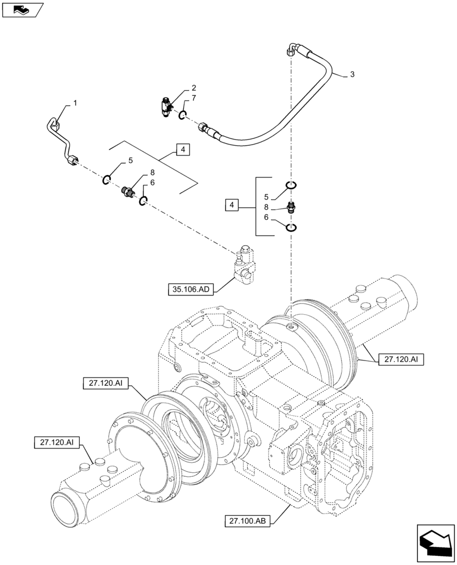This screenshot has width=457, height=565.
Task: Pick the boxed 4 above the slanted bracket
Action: pos(182,150)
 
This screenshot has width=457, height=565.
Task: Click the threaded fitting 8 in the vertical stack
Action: pos(291,207)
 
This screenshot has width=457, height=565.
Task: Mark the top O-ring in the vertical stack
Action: pos(291,185)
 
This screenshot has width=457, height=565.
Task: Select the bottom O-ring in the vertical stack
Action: pos(291,227)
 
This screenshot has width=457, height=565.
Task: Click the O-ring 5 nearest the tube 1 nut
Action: pos(106,180)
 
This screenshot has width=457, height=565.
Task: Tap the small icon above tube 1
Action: pos(22,10)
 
